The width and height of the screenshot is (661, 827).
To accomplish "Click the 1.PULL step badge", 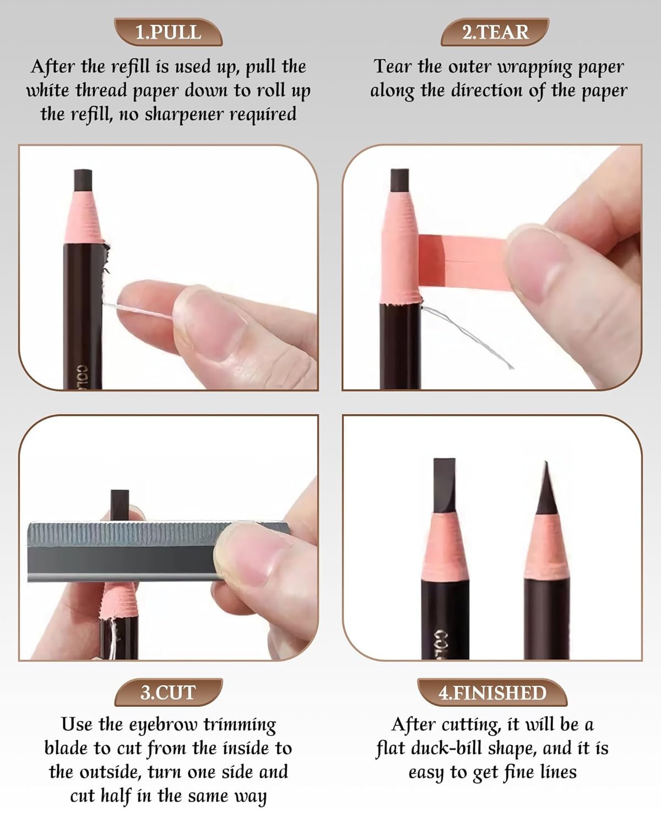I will (x=168, y=32).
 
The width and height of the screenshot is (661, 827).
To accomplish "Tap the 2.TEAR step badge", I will (x=495, y=32).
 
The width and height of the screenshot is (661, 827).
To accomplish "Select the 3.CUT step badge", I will (x=168, y=692).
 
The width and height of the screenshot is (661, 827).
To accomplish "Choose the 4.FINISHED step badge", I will (x=492, y=692).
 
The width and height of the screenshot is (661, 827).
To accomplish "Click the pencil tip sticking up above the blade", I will (x=120, y=503).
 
